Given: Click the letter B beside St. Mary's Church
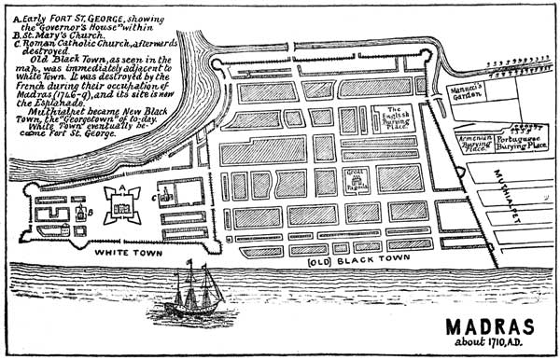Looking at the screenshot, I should pos(79,212).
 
